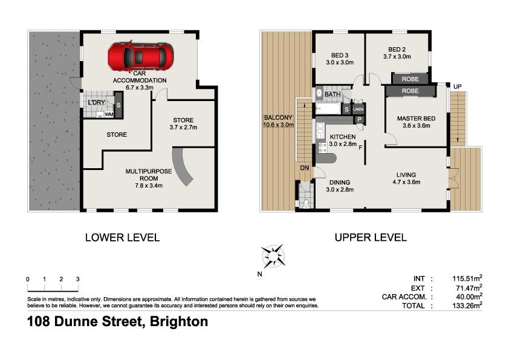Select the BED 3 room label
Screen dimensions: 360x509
(x=337, y=56)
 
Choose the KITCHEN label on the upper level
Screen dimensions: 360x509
(x=343, y=137)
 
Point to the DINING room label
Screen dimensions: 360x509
(x=339, y=182)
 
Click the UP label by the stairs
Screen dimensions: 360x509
(x=457, y=87)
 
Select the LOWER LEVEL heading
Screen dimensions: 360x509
(x=123, y=238)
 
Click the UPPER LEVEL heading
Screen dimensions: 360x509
(x=371, y=238)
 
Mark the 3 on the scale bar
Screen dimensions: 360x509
(x=78, y=279)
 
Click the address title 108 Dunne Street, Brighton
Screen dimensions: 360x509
(x=117, y=322)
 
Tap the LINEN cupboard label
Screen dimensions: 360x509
(x=358, y=110)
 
